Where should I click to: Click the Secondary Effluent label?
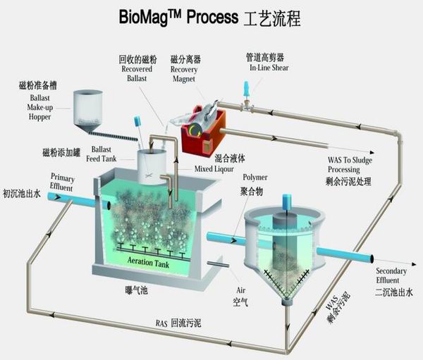[x=391, y=277]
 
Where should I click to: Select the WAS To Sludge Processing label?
[x=349, y=165]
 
